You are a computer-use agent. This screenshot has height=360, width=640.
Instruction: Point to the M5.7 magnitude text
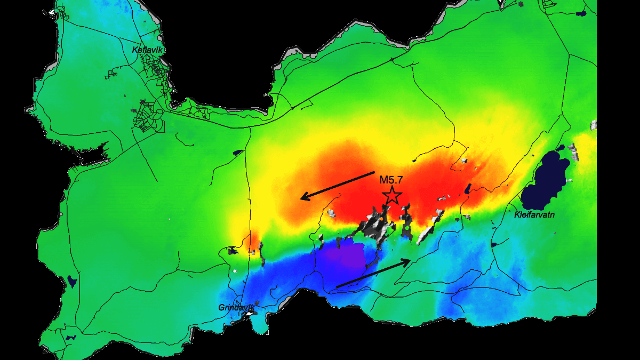[x=391, y=180]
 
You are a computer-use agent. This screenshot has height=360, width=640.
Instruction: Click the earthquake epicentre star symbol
[x=393, y=195]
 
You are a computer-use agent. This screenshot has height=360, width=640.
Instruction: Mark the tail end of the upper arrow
[x=374, y=173]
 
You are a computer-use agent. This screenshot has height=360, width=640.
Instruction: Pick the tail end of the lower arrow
[x=337, y=286]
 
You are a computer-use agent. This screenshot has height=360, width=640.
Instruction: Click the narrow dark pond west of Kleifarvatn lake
[x=468, y=189]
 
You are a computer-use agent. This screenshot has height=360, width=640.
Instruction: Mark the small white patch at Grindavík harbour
[x=249, y=314]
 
